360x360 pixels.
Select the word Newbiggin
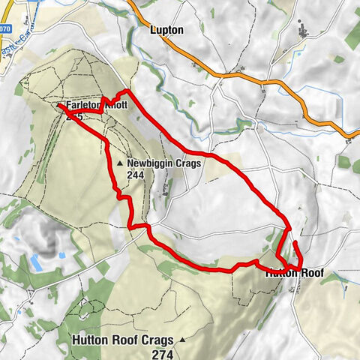[x=150, y=163]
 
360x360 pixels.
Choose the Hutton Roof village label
[x=295, y=274]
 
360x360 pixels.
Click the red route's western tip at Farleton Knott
[x=58, y=106]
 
